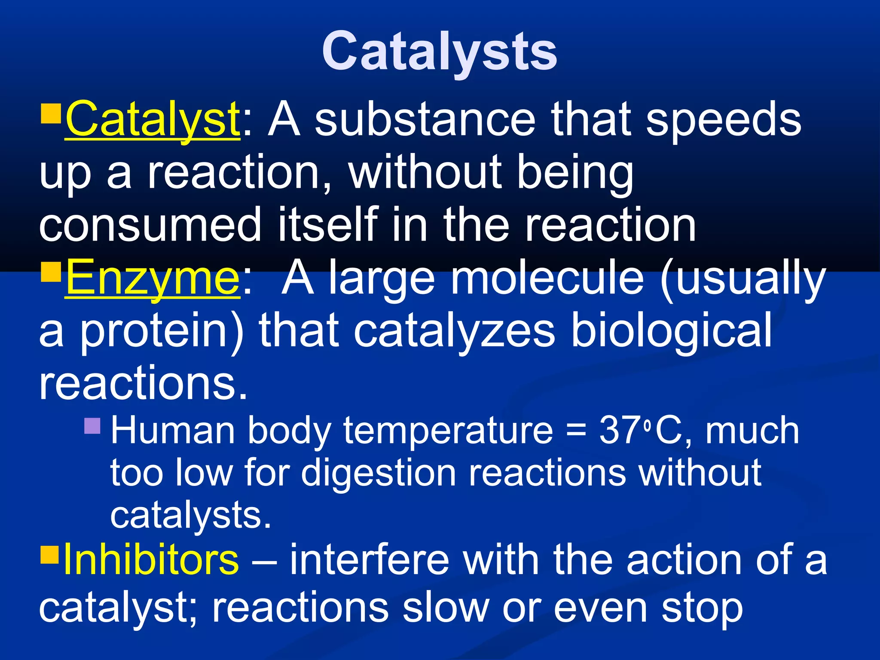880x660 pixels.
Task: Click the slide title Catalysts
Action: coord(439,52)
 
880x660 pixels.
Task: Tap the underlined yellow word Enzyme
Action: coord(153,278)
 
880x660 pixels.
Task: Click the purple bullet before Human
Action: coord(92,426)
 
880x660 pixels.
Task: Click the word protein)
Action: coord(162,331)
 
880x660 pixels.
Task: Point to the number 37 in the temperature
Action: coord(619,430)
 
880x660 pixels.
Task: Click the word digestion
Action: coord(378,473)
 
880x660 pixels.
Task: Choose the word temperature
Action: coord(448,431)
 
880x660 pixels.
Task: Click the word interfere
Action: coord(370,559)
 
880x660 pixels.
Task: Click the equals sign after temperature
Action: coord(576,431)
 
